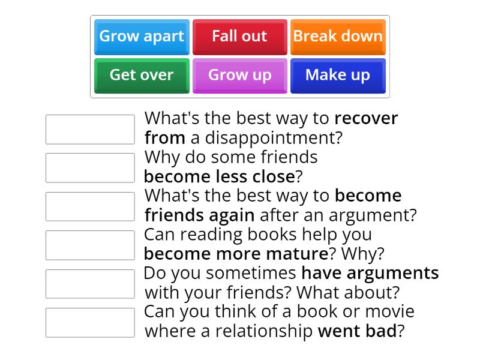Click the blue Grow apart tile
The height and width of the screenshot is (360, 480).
coord(142,37)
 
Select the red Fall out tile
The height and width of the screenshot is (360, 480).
coord(239,37)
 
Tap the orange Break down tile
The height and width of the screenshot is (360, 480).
coord(338,37)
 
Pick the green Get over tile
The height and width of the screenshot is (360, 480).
coord(142,76)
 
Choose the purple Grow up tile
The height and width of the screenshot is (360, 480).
coord(239,76)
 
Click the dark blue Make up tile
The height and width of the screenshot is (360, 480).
coord(338,76)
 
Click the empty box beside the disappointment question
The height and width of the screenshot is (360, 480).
coord(90,130)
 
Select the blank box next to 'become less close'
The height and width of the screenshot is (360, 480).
coord(90,168)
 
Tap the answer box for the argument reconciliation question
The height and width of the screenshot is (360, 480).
coord(90,206)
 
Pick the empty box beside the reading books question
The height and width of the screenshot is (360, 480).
coord(90,245)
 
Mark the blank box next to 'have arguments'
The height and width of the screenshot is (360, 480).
coord(90,284)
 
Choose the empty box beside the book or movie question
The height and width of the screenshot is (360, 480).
coord(90,322)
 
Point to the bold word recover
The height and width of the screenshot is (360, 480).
coord(366,118)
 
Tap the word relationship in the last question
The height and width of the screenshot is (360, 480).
coord(265,331)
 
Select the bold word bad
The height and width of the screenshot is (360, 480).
coord(384,331)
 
